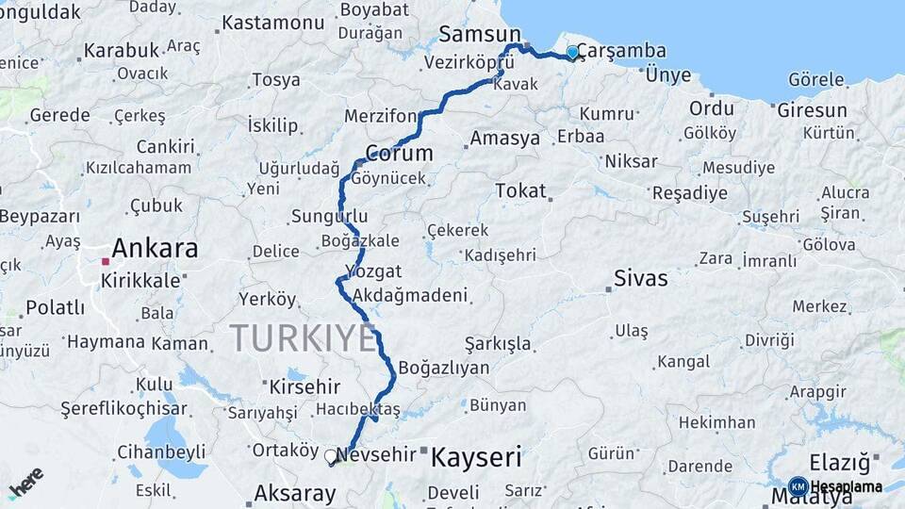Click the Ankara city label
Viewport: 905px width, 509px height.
[155, 249]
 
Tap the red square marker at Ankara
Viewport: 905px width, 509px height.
[106, 261]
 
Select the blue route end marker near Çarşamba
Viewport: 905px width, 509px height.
[572, 53]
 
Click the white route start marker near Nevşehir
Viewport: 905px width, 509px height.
[331, 456]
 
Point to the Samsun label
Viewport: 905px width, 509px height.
[473, 35]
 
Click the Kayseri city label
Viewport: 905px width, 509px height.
[476, 458]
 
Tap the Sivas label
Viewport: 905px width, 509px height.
[640, 278]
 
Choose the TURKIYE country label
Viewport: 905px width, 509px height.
[303, 337]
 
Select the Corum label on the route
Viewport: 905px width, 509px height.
[399, 153]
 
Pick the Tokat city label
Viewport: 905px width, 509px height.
[520, 191]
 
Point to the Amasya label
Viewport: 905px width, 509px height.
[505, 139]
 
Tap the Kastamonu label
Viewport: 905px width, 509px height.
[272, 21]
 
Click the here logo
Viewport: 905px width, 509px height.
[26, 483]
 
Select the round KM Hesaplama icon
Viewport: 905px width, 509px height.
[798, 486]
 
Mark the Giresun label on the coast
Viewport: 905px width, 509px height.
[812, 110]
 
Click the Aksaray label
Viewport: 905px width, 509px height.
[295, 492]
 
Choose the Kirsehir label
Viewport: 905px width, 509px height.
[304, 387]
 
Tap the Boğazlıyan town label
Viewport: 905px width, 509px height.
[444, 368]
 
